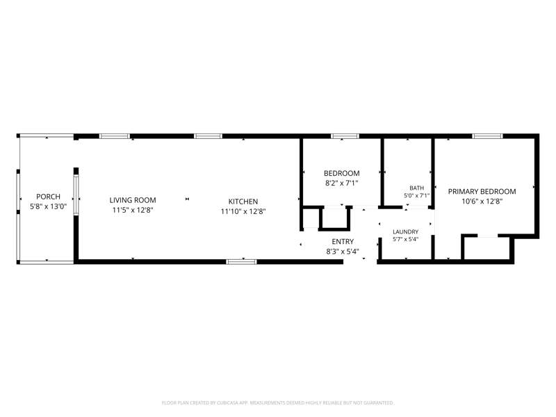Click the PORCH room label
pos(48,197)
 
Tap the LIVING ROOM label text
pos(133,200)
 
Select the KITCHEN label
pos(243,202)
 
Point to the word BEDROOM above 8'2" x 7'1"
pos(341,173)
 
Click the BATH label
pos(416,188)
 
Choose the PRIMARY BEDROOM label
pos(482,192)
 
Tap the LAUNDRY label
pos(405,231)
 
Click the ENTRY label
pos(343,241)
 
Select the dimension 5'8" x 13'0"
pos(48,206)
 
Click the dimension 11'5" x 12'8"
pos(133,210)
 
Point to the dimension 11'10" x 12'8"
pos(243,211)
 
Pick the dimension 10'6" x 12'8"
pos(482,202)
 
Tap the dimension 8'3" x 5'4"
pos(343,252)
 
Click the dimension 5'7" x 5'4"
pos(405,239)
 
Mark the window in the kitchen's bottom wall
pos(241,262)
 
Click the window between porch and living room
pos(76,195)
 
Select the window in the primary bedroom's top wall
pos(488,136)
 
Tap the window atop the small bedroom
pos(345,136)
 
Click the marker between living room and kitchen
pos(187,199)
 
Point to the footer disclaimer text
pos(277,403)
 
